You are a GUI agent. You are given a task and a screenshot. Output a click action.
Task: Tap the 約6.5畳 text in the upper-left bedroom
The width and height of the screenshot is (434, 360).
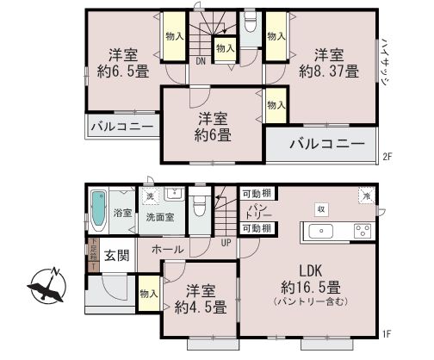click(x=120, y=72)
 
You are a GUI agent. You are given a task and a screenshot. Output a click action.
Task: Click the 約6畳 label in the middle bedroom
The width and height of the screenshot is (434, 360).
click(x=211, y=134)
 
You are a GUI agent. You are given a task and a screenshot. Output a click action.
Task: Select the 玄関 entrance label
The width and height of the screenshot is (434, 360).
click(x=117, y=255)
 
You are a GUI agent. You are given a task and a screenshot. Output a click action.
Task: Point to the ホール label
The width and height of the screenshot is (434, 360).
click(x=167, y=250)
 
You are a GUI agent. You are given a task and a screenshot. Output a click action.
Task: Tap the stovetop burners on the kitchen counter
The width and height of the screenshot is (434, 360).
click(x=362, y=230)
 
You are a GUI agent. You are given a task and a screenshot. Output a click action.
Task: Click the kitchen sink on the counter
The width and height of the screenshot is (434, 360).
click(x=319, y=230)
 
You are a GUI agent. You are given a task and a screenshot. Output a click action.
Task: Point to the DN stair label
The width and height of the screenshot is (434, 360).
click(x=199, y=61)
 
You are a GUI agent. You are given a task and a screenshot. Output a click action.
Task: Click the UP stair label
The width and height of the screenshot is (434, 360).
click(x=226, y=243)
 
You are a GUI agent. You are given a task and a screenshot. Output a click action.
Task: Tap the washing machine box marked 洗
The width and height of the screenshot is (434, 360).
click(x=149, y=195)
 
